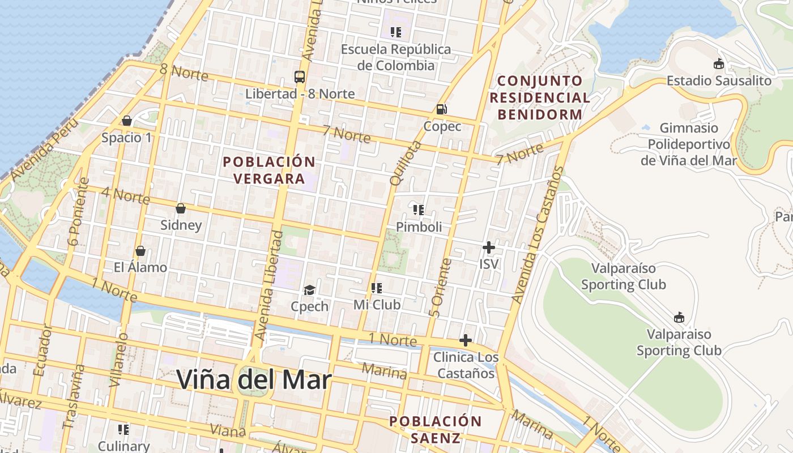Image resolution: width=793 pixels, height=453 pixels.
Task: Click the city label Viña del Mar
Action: click(253, 379)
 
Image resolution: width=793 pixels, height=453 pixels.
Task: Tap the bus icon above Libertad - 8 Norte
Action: click(300, 77)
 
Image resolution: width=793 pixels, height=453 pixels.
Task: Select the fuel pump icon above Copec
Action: click(441, 109)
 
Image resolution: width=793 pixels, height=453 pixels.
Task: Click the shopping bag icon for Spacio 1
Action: click(127, 121)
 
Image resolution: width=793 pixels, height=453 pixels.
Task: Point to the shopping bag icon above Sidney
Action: click(181, 208)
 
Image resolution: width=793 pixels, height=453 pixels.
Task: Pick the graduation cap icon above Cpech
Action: click(309, 290)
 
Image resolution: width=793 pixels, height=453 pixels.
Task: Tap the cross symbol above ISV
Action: click(488, 247)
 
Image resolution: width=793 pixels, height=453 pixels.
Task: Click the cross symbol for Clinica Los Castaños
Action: click(465, 340)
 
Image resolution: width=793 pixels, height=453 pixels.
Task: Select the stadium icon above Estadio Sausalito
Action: click(719, 64)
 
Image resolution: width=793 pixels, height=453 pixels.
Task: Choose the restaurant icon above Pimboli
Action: click(419, 211)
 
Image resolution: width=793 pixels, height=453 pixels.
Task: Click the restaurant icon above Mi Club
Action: click(377, 288)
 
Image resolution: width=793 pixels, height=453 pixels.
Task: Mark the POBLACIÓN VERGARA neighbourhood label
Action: click(269, 170)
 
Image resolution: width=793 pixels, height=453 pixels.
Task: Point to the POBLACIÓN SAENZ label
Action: click(436, 429)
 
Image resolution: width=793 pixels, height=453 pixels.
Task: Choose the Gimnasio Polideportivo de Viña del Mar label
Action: click(689, 144)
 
